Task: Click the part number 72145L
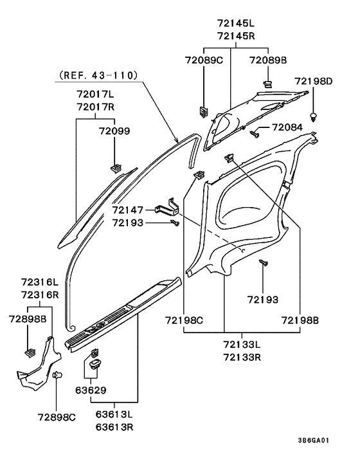236,23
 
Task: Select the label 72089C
204,60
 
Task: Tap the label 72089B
268,60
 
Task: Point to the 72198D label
314,81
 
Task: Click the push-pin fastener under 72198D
314,117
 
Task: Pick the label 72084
287,127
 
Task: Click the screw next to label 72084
255,134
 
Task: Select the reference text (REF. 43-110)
98,75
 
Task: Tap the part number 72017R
96,107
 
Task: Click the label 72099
114,131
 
